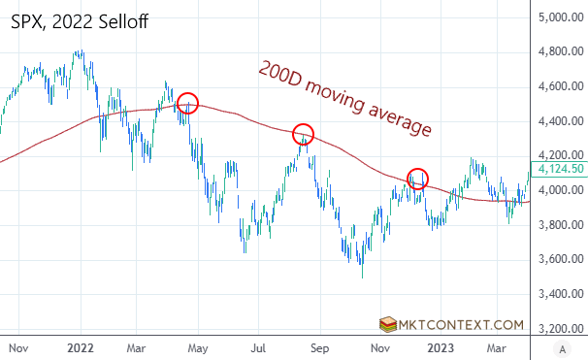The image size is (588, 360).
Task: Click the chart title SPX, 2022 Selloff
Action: [80, 20]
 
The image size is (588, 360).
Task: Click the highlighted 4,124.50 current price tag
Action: [561, 169]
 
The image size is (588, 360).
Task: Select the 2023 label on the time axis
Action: [442, 345]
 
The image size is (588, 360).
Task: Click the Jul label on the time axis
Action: [259, 345]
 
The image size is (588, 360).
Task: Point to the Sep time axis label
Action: [321, 345]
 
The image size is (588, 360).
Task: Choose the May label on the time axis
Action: [199, 345]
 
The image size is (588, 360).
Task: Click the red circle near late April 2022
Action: [188, 102]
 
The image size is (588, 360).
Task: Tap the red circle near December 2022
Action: [417, 178]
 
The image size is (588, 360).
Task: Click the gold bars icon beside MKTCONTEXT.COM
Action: [389, 324]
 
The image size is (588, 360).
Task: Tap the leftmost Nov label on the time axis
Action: [16, 345]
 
